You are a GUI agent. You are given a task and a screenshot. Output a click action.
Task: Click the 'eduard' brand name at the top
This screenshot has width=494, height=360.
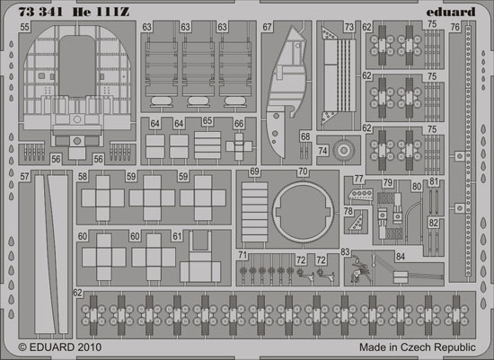pyautogui.click(x=451, y=12)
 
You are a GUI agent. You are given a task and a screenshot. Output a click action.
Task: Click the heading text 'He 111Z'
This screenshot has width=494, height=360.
pyautogui.click(x=101, y=12)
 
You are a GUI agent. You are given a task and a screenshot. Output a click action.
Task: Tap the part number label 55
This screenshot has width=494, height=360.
pyautogui.click(x=24, y=27)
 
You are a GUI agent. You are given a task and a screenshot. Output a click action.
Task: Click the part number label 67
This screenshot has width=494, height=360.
pyautogui.click(x=267, y=27)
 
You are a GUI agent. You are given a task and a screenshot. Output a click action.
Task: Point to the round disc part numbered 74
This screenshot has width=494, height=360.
pyautogui.click(x=344, y=150)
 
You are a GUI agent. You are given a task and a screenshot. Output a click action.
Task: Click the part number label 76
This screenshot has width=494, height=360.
pyautogui.click(x=455, y=28)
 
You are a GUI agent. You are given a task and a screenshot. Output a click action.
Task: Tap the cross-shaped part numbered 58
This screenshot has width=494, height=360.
pyautogui.click(x=103, y=198)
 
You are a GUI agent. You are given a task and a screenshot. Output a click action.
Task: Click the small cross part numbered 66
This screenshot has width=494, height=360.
pyautogui.click(x=239, y=146)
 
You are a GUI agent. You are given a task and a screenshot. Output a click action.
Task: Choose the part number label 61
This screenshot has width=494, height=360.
pyautogui.click(x=177, y=236)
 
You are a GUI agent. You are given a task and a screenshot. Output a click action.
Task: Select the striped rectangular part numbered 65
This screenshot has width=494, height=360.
pyautogui.click(x=207, y=145)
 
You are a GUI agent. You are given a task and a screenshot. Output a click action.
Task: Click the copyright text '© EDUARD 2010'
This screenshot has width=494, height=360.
pyautogui.click(x=60, y=347)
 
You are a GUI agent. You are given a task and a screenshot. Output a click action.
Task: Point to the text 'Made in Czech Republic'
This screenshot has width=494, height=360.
pyautogui.click(x=418, y=347)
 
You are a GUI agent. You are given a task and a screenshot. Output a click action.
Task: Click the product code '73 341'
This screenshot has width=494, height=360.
pyautogui.click(x=40, y=12)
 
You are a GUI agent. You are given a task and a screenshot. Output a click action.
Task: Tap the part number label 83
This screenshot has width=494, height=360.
pyautogui.click(x=345, y=252)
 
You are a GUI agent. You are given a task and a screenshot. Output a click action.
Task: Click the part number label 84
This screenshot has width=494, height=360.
pyautogui.click(x=400, y=257)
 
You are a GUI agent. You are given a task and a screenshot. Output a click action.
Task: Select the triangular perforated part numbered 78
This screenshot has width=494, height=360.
pyautogui.click(x=357, y=222)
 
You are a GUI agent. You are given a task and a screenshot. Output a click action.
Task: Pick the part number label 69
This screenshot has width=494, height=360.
pyautogui.click(x=254, y=171)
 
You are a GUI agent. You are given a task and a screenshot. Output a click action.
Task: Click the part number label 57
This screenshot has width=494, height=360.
pyautogui.click(x=24, y=176)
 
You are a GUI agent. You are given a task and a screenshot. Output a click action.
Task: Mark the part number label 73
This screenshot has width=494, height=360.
pyautogui.click(x=349, y=27)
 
